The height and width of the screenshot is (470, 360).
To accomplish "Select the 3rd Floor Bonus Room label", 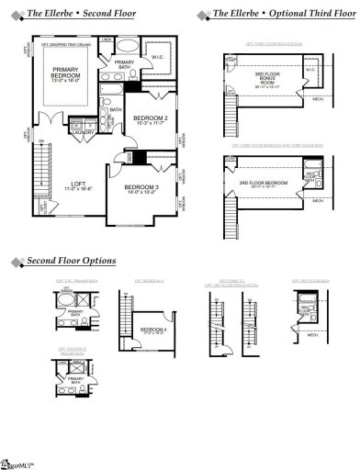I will [x=271, y=80].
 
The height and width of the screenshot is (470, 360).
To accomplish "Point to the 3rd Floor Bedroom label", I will [x=265, y=184].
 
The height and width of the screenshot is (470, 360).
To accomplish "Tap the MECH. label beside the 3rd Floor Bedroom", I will [x=318, y=200].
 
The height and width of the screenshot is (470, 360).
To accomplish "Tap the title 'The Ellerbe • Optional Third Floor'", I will [x=277, y=14].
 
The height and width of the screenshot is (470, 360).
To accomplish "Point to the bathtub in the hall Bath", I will [x=102, y=114].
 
